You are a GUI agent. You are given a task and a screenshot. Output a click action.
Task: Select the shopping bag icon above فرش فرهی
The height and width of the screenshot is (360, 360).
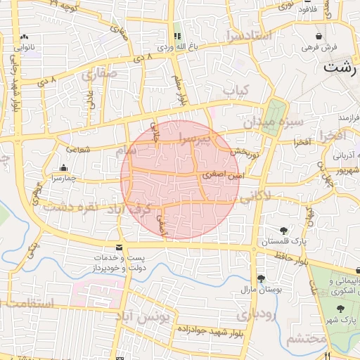[x=319, y=36]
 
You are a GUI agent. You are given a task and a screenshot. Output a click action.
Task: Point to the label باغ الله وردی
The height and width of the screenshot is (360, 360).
[x=174, y=46]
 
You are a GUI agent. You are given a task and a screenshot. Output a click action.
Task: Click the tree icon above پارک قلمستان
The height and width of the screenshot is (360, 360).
[x=284, y=230]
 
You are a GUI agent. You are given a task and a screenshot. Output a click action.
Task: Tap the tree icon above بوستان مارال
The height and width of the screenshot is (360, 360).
[x=262, y=278]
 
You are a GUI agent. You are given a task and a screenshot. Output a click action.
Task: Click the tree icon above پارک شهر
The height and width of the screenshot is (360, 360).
[x=341, y=309]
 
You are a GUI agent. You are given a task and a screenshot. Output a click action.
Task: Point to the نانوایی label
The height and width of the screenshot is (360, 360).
[x=24, y=47]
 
